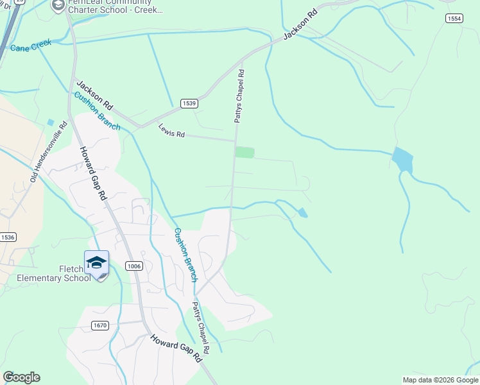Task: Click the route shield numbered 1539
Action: [x=189, y=103]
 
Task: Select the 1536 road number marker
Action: [x=7, y=237]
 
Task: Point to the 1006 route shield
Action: [x=133, y=266]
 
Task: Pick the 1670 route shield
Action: [x=99, y=325]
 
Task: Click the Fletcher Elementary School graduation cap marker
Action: [x=96, y=263]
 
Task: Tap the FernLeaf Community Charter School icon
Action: [x=58, y=5]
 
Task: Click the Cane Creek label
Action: [x=31, y=47]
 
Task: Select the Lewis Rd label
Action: [x=171, y=131]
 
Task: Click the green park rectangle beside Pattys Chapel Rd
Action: [x=244, y=152]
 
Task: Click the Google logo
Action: [x=21, y=377]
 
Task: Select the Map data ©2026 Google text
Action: [x=440, y=380]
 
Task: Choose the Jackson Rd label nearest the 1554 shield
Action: [x=301, y=24]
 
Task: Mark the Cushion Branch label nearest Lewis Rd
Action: [x=97, y=111]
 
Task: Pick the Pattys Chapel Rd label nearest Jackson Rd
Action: [x=239, y=96]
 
